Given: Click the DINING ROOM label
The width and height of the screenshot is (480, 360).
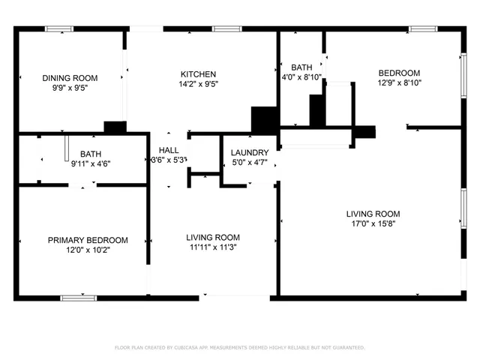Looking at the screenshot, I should point(69,77).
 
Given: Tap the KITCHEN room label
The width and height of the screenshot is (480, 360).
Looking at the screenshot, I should point(199,74).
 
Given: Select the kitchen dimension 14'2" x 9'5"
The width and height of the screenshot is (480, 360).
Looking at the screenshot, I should point(199,84).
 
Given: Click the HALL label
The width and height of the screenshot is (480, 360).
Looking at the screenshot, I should point(169,150).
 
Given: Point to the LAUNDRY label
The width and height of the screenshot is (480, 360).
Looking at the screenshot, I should point(250,152).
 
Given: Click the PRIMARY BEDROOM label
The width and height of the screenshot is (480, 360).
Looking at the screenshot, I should point(88,240).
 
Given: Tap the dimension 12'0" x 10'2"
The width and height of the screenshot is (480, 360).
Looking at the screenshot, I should point(88,250).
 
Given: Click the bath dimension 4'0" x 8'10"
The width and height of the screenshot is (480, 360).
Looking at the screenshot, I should point(301,76).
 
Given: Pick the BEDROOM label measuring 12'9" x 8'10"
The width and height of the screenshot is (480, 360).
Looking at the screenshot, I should point(398,73).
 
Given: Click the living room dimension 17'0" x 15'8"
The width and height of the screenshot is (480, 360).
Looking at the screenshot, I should point(373,223).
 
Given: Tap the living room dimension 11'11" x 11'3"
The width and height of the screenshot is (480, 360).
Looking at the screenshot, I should point(213,247).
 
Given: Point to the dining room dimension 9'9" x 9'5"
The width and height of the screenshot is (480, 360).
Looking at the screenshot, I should point(69,86).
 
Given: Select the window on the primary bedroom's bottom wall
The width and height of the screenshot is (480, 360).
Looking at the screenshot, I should point(79,298).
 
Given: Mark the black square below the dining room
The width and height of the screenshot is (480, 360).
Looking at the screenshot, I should point(115,127).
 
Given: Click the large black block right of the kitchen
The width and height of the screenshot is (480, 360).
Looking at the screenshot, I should point(264,120).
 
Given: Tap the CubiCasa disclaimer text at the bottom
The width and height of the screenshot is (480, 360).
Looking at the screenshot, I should point(239,347).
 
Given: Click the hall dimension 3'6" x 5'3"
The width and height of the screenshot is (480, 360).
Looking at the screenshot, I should point(169,160).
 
